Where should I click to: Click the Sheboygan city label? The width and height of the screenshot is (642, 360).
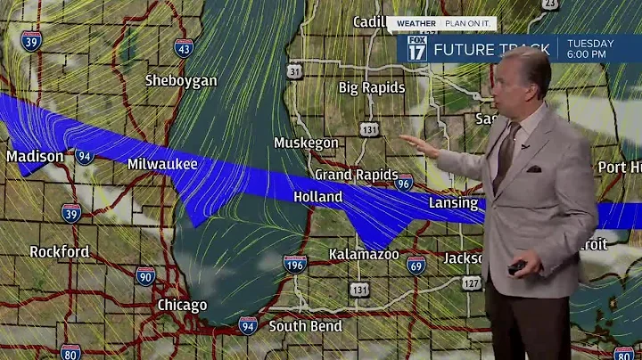pos(181,80)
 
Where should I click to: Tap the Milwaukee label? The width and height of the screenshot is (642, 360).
pos(162,164)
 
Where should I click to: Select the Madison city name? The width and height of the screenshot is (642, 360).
pos(35,157)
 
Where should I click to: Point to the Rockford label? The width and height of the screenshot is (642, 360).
pos(59,251)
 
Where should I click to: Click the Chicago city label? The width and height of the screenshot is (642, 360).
pos(182,305)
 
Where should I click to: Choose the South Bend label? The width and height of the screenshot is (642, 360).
pos(305,326)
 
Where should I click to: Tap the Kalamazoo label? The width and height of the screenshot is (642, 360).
pos(363,254)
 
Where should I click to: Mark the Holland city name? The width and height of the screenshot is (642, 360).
pos(317,196)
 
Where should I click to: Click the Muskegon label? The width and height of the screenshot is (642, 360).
pos(306,143)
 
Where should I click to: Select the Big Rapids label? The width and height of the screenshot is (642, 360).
pos(372,87)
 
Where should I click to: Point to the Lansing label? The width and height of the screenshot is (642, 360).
pos(454,203)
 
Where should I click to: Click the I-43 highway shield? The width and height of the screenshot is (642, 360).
pos(184,47)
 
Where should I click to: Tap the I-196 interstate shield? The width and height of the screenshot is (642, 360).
pos(295,264)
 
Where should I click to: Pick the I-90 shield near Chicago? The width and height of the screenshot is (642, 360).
pos(145,275)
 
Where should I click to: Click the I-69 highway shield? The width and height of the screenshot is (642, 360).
pos(416,264)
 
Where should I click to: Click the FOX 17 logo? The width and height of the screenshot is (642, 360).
pos(416,48)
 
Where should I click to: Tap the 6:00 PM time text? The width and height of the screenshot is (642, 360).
pos(590,54)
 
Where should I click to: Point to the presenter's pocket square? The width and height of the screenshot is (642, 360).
pos(533,168)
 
